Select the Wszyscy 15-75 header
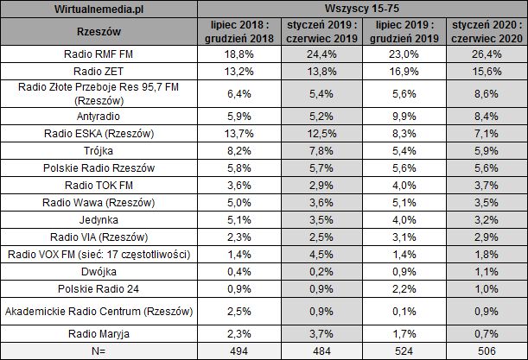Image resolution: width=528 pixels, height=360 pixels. click(x=364, y=8)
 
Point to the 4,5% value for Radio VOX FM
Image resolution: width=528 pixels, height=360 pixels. click(x=323, y=255)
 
